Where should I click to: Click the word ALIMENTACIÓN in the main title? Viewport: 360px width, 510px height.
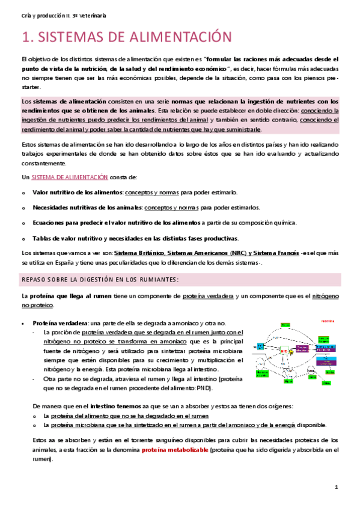[x=176, y=37]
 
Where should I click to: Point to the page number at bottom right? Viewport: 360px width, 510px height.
[x=337, y=487]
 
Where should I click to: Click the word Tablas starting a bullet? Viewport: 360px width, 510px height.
[x=42, y=238]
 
